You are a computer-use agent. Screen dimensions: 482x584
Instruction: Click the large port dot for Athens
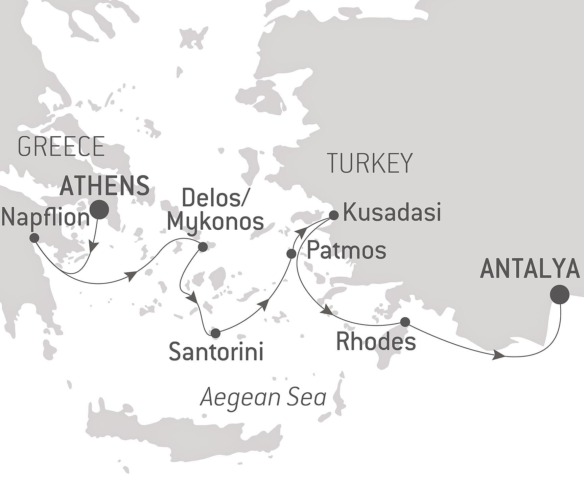coord(99,209)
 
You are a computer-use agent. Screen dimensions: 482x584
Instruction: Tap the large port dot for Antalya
coord(560,294)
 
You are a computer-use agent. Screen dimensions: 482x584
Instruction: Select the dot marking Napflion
coord(34,238)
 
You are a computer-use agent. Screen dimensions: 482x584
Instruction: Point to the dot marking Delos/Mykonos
coord(203,247)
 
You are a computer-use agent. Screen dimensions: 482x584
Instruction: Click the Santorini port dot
coord(215,333)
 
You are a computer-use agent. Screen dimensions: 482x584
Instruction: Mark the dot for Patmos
coord(291,253)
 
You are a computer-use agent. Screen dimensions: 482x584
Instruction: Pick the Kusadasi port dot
coord(334,215)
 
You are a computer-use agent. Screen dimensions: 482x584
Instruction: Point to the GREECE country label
coord(61,146)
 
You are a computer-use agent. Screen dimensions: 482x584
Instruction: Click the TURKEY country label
coord(370,163)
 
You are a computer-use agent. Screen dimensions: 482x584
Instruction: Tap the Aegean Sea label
coord(263,397)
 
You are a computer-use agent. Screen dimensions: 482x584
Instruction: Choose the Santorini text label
coord(216,352)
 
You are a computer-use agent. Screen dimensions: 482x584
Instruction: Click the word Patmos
coord(347,251)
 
